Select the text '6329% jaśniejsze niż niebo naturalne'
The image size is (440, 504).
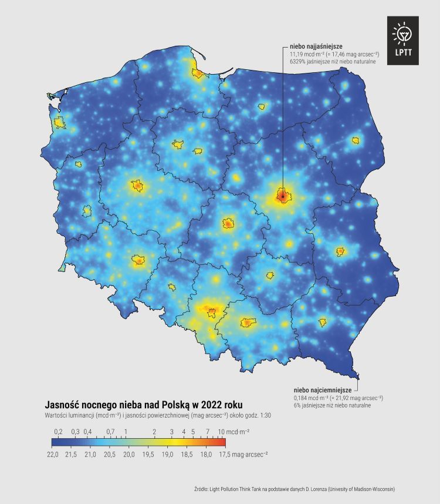tap(333, 61)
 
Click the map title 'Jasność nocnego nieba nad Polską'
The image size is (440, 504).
tap(121, 405)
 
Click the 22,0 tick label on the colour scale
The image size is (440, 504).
tap(52, 454)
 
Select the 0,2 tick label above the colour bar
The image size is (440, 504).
tap(58, 432)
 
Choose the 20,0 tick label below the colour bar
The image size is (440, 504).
tap(129, 454)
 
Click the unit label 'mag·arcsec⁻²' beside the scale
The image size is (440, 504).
tap(251, 454)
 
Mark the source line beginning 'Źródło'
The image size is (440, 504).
tap(299, 489)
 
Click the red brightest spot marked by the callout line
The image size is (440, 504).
tap(282, 196)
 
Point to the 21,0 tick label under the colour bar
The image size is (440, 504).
tap(90, 454)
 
